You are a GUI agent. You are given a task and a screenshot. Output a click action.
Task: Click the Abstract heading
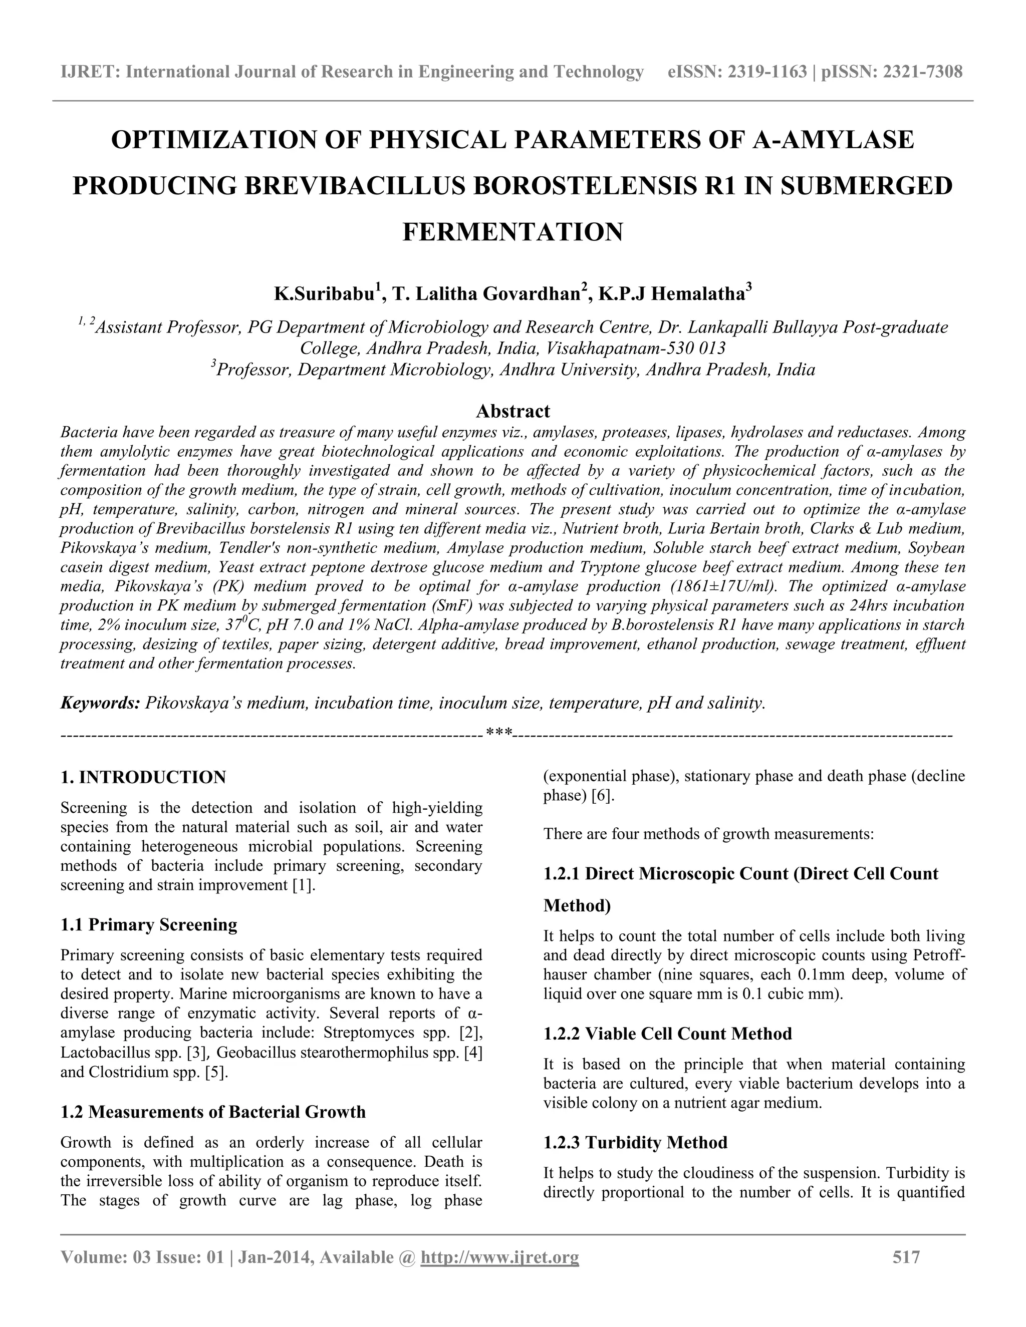(512, 411)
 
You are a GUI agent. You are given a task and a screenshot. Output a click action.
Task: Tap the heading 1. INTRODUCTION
(143, 777)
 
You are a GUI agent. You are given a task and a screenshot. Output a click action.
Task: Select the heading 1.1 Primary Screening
(149, 925)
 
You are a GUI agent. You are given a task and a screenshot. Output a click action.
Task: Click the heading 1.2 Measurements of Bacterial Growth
(213, 1112)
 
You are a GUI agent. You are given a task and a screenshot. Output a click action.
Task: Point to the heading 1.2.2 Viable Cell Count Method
(667, 1034)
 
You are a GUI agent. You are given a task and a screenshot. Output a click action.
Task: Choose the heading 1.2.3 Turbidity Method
(635, 1142)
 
